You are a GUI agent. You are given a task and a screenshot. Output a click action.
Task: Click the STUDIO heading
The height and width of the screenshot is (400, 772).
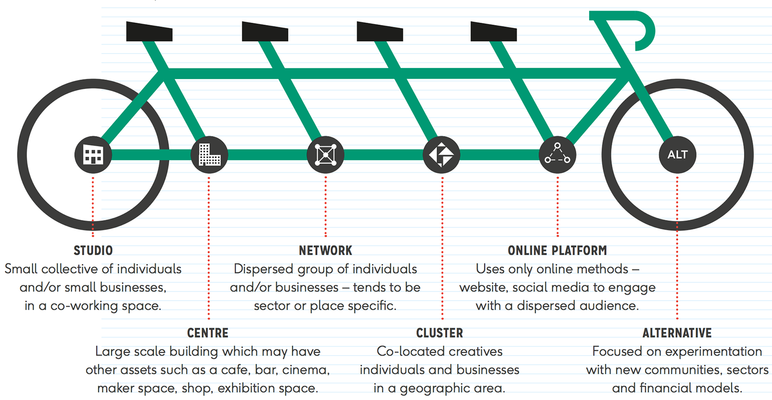[x=93, y=250]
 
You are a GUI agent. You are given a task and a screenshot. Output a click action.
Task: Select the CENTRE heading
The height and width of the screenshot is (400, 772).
[x=208, y=333]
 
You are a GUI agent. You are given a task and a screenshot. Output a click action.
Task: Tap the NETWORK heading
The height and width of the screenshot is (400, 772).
[x=325, y=250]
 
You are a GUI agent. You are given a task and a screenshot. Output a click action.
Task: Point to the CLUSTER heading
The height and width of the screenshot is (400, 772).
[x=440, y=333]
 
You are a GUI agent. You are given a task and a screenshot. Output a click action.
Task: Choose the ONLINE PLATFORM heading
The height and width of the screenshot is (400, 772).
[x=557, y=250]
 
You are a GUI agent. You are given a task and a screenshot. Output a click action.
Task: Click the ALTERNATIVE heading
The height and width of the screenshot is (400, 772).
[x=677, y=333]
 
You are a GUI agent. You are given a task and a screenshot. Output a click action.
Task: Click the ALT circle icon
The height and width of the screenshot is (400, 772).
[x=677, y=155]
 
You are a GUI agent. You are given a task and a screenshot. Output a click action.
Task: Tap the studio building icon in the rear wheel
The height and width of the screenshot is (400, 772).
[x=93, y=155]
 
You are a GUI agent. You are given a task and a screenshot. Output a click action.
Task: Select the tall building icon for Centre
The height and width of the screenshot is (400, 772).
[x=209, y=155]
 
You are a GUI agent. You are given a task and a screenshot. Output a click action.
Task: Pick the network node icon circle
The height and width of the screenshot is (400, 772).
[x=326, y=155]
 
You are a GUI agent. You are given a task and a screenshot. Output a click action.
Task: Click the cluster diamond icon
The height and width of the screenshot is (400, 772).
[x=441, y=155]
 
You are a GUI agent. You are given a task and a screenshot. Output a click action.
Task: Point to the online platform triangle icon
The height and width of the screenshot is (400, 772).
[x=557, y=155]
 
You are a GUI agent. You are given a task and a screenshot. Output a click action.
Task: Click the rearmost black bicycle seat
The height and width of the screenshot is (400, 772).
[x=149, y=31]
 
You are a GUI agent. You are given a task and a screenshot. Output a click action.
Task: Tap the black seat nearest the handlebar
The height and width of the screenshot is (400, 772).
[x=494, y=31]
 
